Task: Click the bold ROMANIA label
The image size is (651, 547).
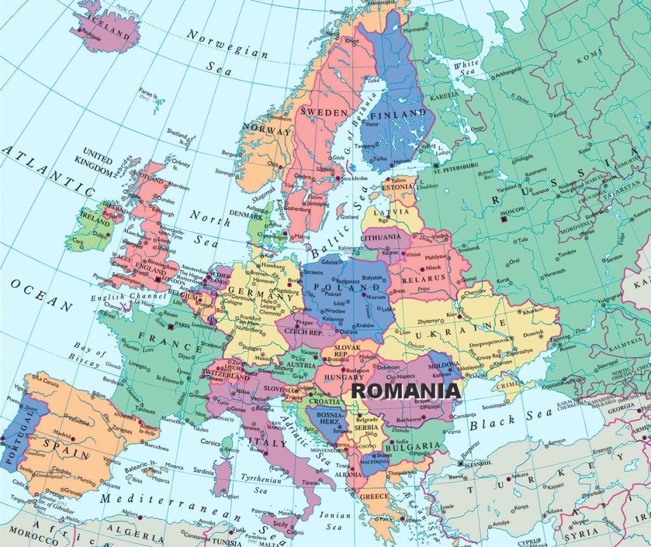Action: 406,391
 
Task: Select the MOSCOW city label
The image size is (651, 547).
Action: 512,210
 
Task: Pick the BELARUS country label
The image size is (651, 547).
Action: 423,279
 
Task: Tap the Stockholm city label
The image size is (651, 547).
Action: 355,178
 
